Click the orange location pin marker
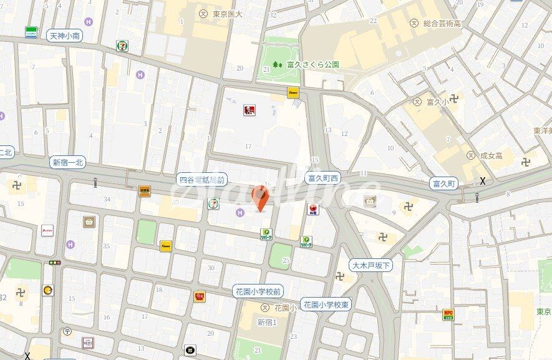[261, 198]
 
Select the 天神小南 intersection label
[64, 36]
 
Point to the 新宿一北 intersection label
[68, 163]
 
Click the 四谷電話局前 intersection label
[200, 178]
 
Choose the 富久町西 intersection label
[323, 178]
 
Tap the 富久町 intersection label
[444, 183]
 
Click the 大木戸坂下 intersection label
[370, 266]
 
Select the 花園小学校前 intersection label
[259, 291]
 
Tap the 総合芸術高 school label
[441, 23]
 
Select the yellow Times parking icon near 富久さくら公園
[292, 92]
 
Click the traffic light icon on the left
[55, 263]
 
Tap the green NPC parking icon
[448, 314]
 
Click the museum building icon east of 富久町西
[370, 201]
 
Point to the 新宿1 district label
[266, 322]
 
